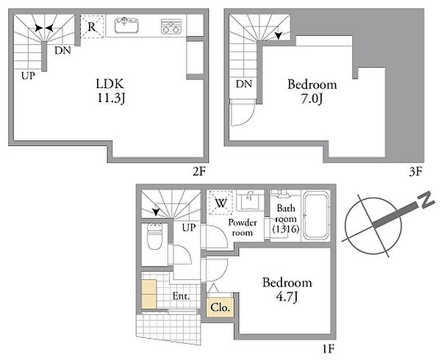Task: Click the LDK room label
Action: coord(110,91)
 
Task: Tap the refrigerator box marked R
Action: coord(92,26)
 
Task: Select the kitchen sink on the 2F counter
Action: coord(126,25)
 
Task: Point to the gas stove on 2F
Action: coord(171,26)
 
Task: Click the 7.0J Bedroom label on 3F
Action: coord(312,92)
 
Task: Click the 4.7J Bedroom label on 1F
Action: coord(287,289)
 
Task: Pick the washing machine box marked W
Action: coord(220,203)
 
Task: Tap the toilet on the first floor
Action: coord(154,236)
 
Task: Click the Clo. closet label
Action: coord(220,307)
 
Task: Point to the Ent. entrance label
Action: coord(181,296)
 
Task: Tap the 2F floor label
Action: coord(199,171)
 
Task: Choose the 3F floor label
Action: coord(415,171)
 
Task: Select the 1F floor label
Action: coord(328,349)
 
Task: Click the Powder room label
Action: coord(243,228)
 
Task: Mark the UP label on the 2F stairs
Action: coord(28,76)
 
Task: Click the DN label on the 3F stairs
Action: coord(244,84)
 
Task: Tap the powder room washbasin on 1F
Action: coord(249,201)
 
